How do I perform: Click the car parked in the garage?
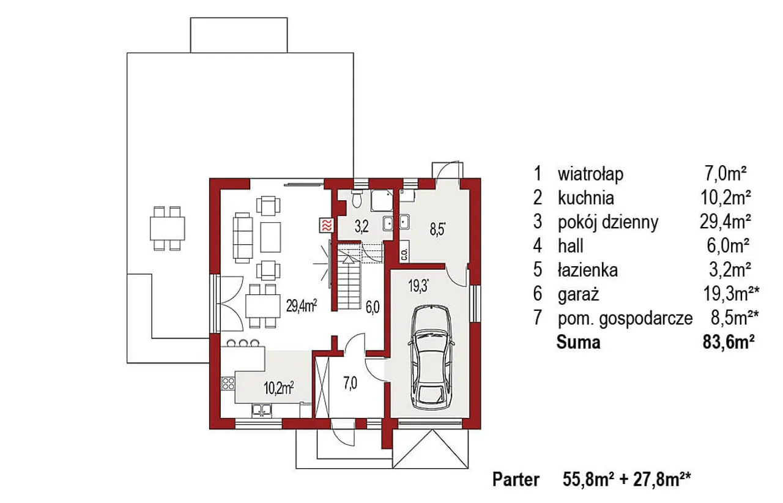point(431,357)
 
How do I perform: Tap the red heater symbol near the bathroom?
point(327,225)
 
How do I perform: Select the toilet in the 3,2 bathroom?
point(357,199)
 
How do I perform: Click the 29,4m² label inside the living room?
point(302,306)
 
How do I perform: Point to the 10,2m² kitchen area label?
point(278,388)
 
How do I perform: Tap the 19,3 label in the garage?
point(418,286)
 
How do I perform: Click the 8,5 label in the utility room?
point(437,230)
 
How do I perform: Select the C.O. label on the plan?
point(404,255)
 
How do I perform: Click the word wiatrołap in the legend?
point(590,174)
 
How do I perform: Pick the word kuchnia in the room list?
point(586,198)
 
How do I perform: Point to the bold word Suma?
point(579,343)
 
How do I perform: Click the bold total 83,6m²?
point(729,343)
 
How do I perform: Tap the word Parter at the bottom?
point(516,480)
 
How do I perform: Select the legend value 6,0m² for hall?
point(728,246)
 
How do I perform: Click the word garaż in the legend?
point(579,294)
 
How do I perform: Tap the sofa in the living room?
point(243,237)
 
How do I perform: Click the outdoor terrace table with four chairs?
point(168,228)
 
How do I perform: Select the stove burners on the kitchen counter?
point(229,384)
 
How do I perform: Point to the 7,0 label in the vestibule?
point(351,384)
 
